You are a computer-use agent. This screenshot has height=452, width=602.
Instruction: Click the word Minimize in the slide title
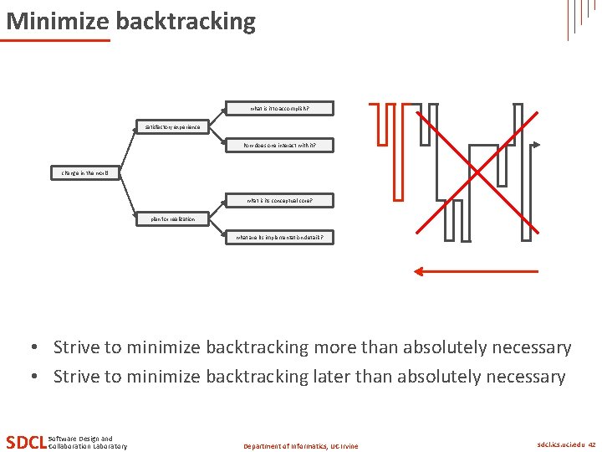click(x=58, y=21)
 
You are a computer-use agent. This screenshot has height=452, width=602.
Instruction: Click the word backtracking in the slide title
click(x=186, y=21)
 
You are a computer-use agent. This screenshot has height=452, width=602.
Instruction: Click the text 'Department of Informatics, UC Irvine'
click(x=300, y=446)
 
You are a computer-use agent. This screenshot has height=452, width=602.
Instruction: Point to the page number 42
click(x=592, y=445)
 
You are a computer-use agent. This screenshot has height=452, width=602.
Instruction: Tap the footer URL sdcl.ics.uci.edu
click(x=560, y=445)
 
